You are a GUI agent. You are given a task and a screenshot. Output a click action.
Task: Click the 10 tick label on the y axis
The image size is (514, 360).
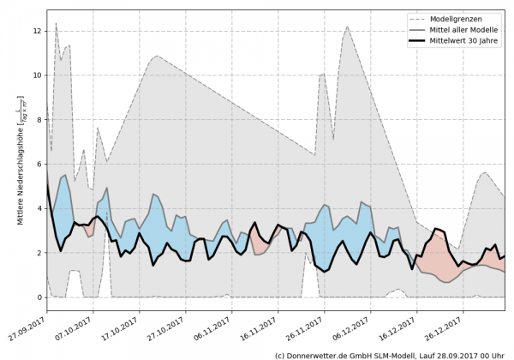tap(37, 75)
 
